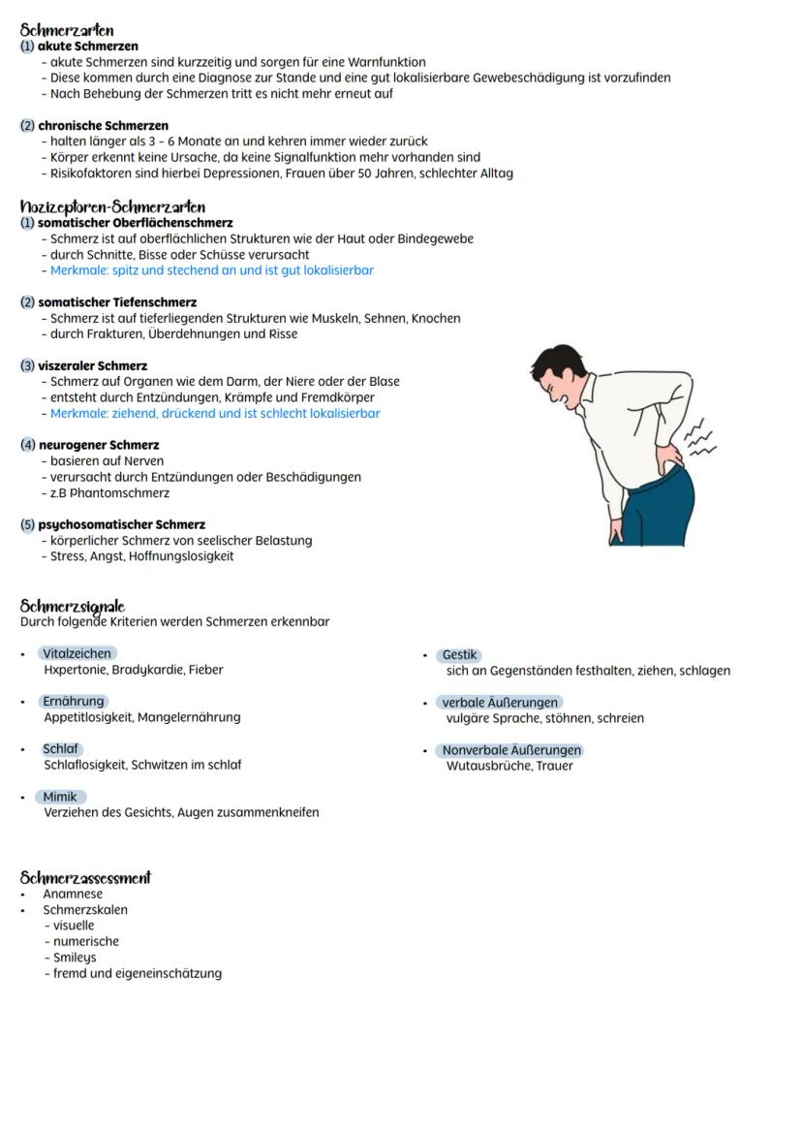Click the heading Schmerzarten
(67, 31)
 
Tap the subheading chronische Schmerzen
(103, 126)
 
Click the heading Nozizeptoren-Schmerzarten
(112, 206)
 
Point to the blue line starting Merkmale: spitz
(211, 270)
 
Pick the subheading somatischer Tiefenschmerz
(117, 302)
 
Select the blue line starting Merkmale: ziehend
(215, 414)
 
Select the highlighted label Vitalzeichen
(77, 654)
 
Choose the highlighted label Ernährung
(73, 702)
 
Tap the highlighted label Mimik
(59, 798)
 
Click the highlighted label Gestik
(460, 655)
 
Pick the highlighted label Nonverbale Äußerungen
(511, 750)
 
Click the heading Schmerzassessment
(85, 878)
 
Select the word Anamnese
(73, 895)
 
